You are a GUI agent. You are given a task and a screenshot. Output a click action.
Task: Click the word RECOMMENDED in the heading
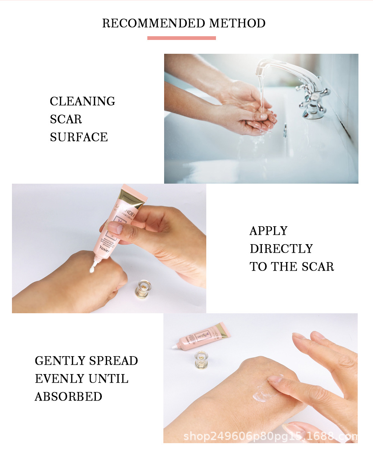point(154,23)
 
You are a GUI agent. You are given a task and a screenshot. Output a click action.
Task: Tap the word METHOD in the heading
point(237,23)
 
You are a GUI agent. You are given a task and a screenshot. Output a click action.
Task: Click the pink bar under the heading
point(182,38)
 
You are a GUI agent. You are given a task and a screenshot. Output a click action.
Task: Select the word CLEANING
point(82,101)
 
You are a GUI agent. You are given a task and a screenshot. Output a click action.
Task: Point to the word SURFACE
point(79,137)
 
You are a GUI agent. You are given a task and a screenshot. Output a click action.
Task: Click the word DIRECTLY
point(281,249)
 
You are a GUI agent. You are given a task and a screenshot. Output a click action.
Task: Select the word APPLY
point(269,231)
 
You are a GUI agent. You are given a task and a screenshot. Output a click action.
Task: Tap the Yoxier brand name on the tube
point(104,248)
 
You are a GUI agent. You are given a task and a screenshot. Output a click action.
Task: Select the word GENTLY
point(60,361)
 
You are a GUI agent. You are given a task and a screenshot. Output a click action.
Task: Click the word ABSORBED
point(69,396)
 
